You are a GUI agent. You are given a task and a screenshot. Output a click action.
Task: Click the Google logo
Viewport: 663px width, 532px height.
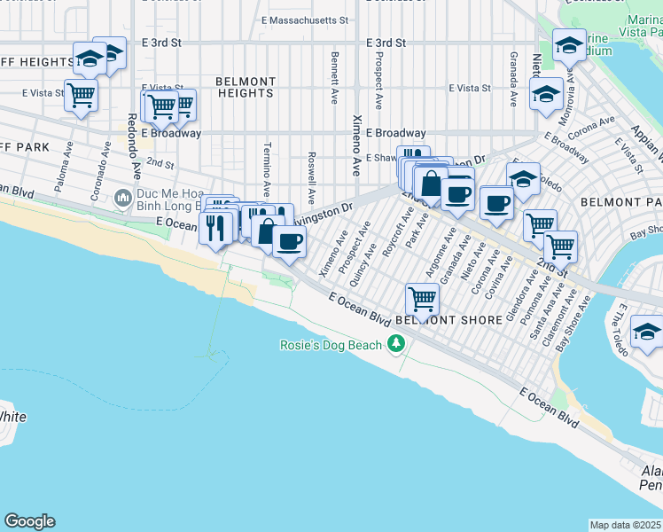[x=29, y=521]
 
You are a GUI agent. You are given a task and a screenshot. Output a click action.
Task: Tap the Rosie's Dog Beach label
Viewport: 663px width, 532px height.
[x=331, y=346]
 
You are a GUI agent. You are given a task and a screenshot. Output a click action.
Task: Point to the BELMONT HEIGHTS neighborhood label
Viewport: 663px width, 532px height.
[x=246, y=87]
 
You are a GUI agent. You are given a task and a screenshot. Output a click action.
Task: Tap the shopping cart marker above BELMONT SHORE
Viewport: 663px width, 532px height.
[x=422, y=299]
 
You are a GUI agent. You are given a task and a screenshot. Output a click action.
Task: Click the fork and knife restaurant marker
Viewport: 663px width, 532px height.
[x=216, y=227]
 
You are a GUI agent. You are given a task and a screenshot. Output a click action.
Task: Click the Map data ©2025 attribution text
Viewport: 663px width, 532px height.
[x=625, y=525]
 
